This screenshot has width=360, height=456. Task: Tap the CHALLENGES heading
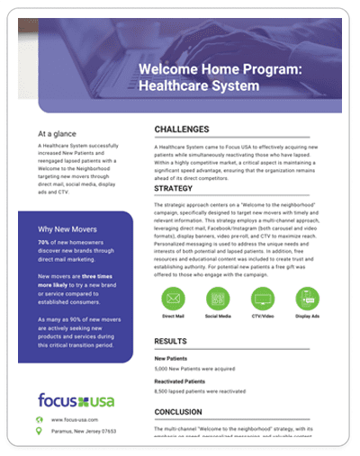[x=181, y=130]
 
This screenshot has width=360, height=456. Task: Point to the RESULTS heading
[x=170, y=342]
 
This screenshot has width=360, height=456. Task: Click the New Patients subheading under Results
[x=172, y=358]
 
